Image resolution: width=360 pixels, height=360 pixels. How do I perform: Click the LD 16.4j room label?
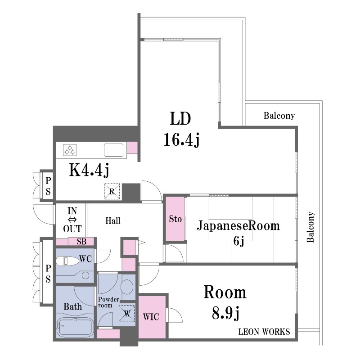tap(181, 130)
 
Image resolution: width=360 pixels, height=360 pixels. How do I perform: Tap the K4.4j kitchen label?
tap(89, 171)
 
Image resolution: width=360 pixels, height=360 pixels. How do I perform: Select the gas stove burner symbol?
tap(70, 150)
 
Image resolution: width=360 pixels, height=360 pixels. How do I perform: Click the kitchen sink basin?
tap(113, 150)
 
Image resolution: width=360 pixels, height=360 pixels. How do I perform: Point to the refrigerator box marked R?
tap(112, 191)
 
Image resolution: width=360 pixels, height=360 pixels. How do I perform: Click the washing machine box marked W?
tap(127, 314)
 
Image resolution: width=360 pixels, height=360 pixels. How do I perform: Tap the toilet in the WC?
tap(67, 261)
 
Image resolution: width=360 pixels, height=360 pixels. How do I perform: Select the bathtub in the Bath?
tap(75, 326)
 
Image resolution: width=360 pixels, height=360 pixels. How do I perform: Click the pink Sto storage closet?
tap(175, 219)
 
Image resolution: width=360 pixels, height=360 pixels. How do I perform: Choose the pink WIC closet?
tap(152, 317)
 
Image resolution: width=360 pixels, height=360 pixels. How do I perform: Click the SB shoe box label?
tap(81, 242)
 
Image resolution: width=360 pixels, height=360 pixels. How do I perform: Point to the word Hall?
tap(113, 221)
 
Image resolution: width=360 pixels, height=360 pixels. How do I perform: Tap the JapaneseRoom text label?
tap(238, 226)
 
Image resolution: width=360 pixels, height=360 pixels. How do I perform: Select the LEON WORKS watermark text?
tap(264, 332)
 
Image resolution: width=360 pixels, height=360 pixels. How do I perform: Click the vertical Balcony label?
tap(310, 227)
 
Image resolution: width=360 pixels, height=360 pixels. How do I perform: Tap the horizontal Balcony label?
tap(279, 116)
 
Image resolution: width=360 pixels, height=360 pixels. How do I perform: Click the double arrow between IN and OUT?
tap(72, 220)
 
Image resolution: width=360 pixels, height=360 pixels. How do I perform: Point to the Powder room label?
tap(108, 302)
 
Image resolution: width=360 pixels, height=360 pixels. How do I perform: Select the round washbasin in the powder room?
tap(127, 287)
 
